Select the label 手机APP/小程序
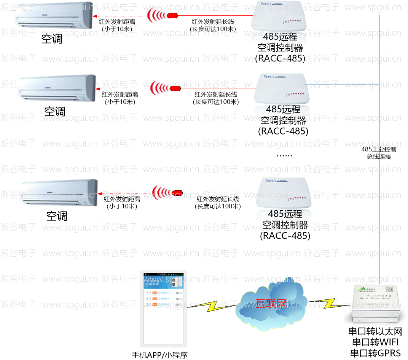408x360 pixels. (160, 355)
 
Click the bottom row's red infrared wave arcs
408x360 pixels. (160, 192)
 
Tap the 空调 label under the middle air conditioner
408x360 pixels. (55, 112)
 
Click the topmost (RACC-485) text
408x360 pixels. (280, 58)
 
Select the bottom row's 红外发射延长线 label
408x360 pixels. (218, 199)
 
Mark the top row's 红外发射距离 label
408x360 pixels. (116, 22)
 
